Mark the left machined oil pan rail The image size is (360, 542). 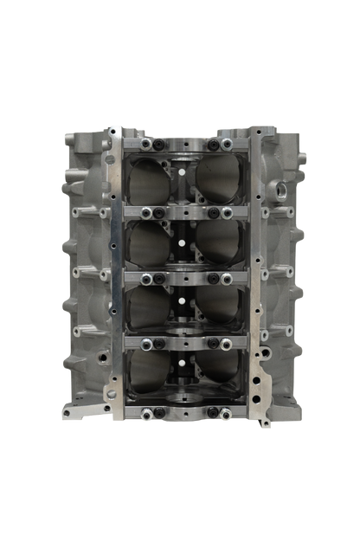(112, 277)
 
